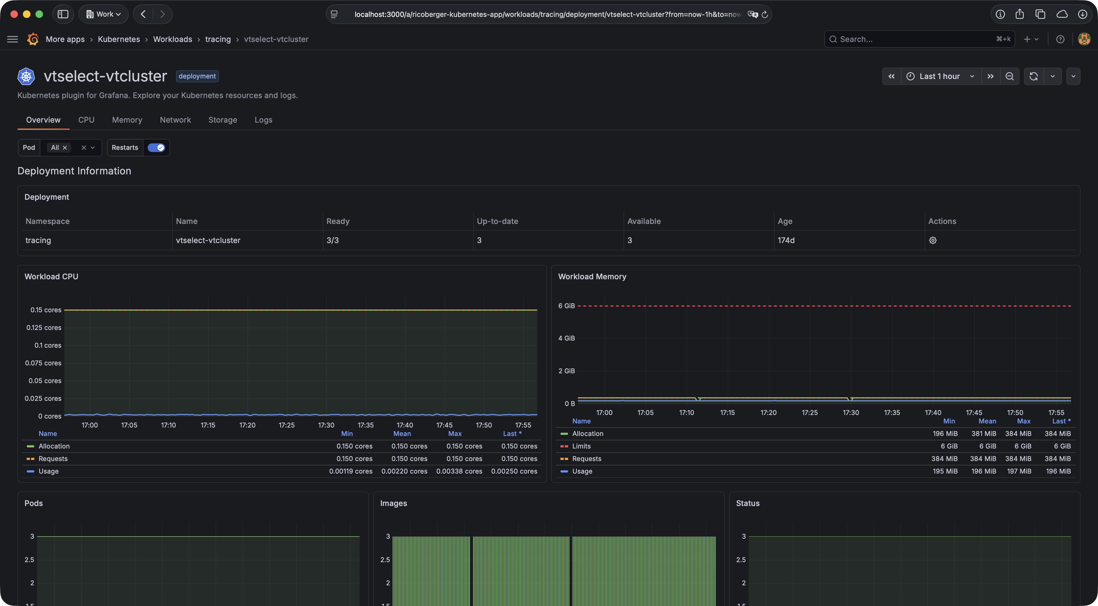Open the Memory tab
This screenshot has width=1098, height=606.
point(127,120)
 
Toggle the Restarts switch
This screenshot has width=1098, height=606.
point(156,147)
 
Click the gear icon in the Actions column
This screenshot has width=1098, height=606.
point(933,240)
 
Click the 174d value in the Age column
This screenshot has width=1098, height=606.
point(786,240)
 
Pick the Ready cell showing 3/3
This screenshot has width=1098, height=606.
point(332,240)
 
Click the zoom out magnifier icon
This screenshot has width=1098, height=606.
point(1009,76)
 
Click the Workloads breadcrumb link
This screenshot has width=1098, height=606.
point(173,39)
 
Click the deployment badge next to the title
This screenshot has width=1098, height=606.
point(197,76)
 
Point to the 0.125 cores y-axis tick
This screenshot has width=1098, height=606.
point(44,328)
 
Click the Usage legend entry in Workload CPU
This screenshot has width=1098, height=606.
point(48,471)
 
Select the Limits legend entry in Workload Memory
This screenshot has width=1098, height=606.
point(581,446)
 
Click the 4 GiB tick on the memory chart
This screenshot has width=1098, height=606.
point(566,338)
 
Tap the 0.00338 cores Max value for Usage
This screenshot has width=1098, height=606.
point(459,471)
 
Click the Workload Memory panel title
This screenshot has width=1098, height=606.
point(592,277)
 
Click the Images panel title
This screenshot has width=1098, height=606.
point(393,503)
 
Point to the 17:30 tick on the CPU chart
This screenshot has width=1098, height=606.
point(326,425)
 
